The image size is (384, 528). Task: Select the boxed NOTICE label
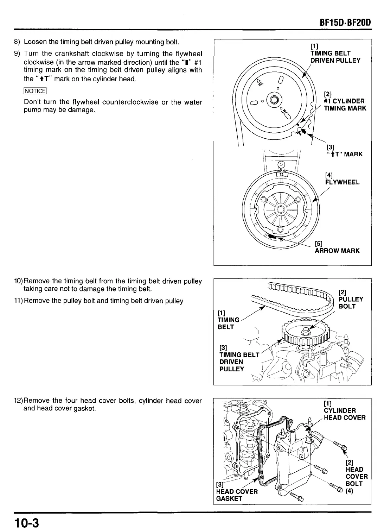pyautogui.click(x=35, y=91)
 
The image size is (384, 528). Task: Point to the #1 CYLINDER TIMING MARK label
pyautogui.click(x=345, y=105)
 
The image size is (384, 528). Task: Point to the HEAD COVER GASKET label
pyautogui.click(x=237, y=495)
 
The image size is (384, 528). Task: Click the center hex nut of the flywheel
pyautogui.click(x=280, y=209)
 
